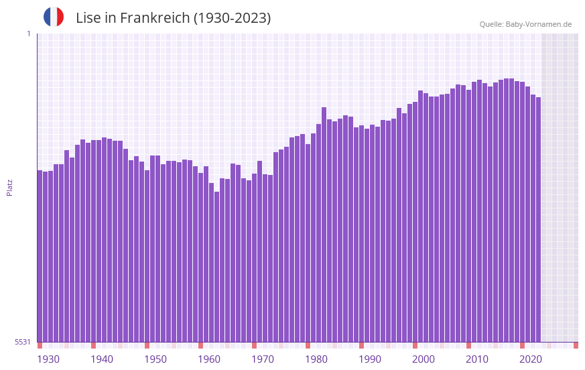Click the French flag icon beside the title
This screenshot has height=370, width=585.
click(54, 17)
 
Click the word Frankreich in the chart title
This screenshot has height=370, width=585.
click(155, 18)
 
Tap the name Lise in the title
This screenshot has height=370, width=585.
click(89, 18)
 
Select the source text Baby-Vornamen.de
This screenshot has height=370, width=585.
click(538, 24)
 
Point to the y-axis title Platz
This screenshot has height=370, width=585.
click(9, 187)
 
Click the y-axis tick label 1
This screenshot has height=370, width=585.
click(28, 34)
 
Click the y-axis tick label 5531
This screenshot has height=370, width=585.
click(23, 342)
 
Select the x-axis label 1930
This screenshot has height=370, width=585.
click(48, 359)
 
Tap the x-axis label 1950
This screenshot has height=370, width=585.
click(155, 359)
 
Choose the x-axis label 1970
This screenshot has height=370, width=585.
click(263, 359)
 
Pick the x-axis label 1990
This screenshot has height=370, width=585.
click(370, 359)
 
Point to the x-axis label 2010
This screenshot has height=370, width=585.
click(477, 359)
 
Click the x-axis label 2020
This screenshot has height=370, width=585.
click(531, 359)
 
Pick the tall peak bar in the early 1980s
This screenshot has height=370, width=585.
click(324, 225)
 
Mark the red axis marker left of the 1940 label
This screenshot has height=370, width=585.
click(93, 345)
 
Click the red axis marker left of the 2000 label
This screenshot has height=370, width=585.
click(415, 345)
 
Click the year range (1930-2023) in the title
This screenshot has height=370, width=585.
click(232, 18)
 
